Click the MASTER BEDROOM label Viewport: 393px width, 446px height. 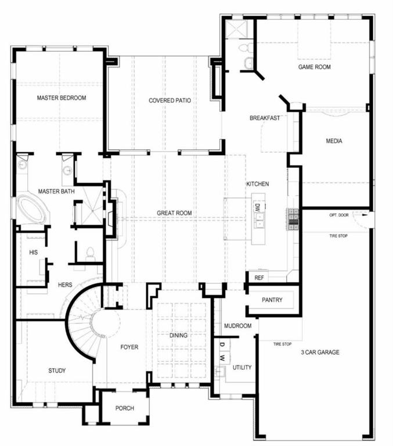tap(62, 98)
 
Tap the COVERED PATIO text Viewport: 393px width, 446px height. tap(170, 100)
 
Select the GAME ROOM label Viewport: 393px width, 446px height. tap(314, 67)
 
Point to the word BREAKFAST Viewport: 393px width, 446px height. tap(265, 118)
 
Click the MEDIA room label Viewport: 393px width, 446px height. tap(334, 141)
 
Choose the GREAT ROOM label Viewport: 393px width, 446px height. tap(174, 213)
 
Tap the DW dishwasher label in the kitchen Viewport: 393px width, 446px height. tap(257, 206)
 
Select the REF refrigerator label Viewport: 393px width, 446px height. tap(259, 278)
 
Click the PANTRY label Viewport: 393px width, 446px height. tap(272, 300)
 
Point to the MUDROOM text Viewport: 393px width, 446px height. tap(237, 326)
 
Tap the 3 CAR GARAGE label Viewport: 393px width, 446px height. tap(320, 353)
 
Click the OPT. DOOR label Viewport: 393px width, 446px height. tap(341, 215)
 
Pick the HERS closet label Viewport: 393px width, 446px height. tap(65, 285)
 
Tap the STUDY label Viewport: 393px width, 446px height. tap(57, 371)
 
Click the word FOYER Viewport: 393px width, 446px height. tap(129, 347)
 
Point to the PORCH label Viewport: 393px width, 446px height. tap(124, 408)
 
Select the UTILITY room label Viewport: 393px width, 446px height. tap(242, 368)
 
